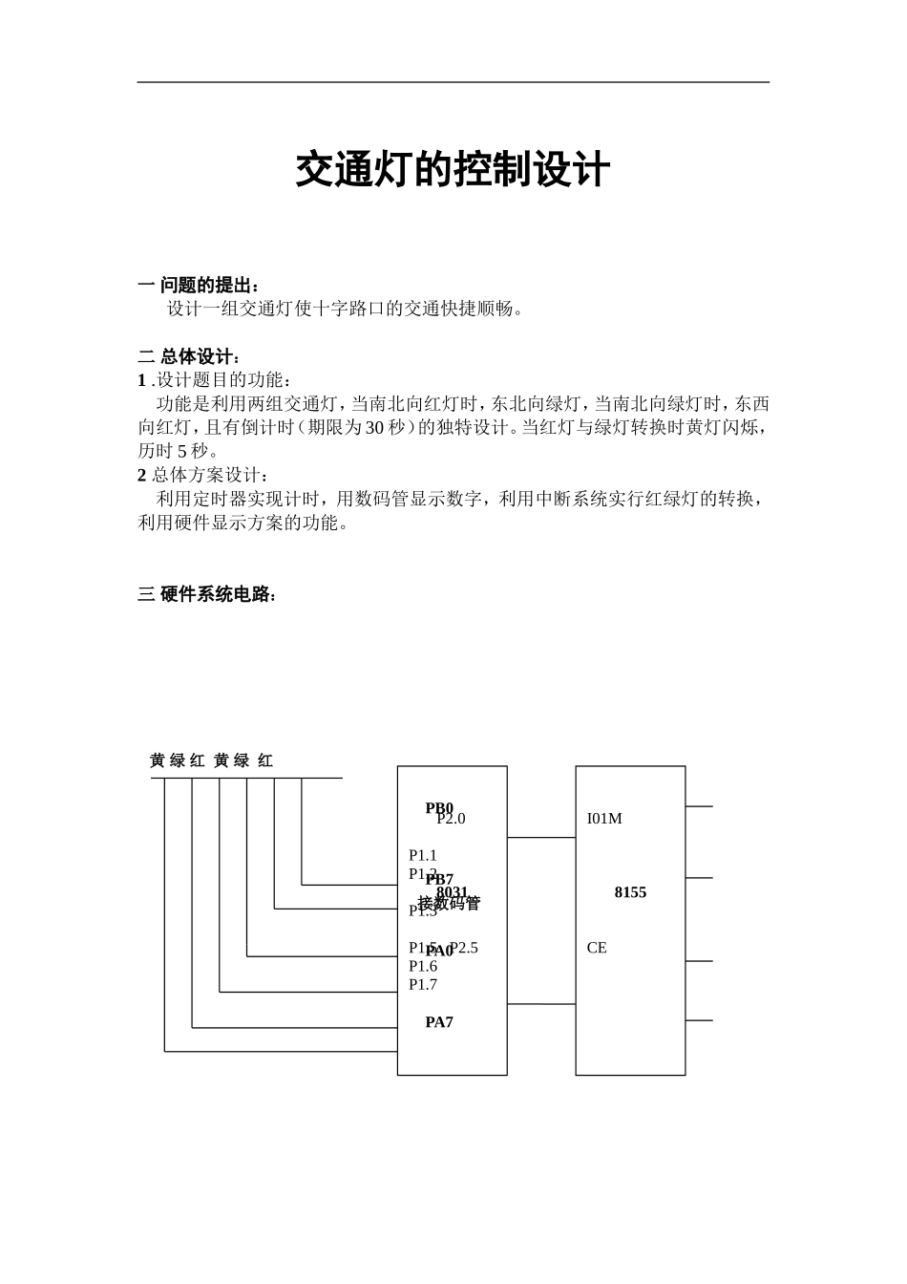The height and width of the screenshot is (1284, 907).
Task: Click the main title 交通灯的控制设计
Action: [453, 171]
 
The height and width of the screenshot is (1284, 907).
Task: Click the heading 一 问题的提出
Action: [199, 286]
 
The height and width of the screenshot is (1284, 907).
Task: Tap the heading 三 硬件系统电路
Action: [207, 595]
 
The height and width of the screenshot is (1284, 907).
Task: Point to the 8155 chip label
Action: [630, 892]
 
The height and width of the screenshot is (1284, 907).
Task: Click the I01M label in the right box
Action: [604, 819]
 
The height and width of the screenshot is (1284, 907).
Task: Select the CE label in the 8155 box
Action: [597, 948]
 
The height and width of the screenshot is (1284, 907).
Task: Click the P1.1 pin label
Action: [423, 855]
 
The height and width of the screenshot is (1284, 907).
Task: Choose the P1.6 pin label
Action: [423, 966]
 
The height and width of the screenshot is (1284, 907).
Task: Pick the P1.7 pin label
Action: [423, 984]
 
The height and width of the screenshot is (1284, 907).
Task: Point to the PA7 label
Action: [439, 1022]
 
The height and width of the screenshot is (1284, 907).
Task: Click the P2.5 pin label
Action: [464, 948]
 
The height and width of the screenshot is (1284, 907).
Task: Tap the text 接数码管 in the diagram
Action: [450, 904]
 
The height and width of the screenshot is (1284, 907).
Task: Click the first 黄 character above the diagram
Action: [158, 760]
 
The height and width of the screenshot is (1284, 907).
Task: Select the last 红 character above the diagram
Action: [265, 760]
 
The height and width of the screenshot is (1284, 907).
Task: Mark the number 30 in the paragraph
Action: [374, 427]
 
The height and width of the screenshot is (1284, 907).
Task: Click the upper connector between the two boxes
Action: [541, 838]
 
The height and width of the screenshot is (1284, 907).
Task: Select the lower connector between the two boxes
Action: [541, 1004]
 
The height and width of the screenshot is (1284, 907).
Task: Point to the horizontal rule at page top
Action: [453, 82]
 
